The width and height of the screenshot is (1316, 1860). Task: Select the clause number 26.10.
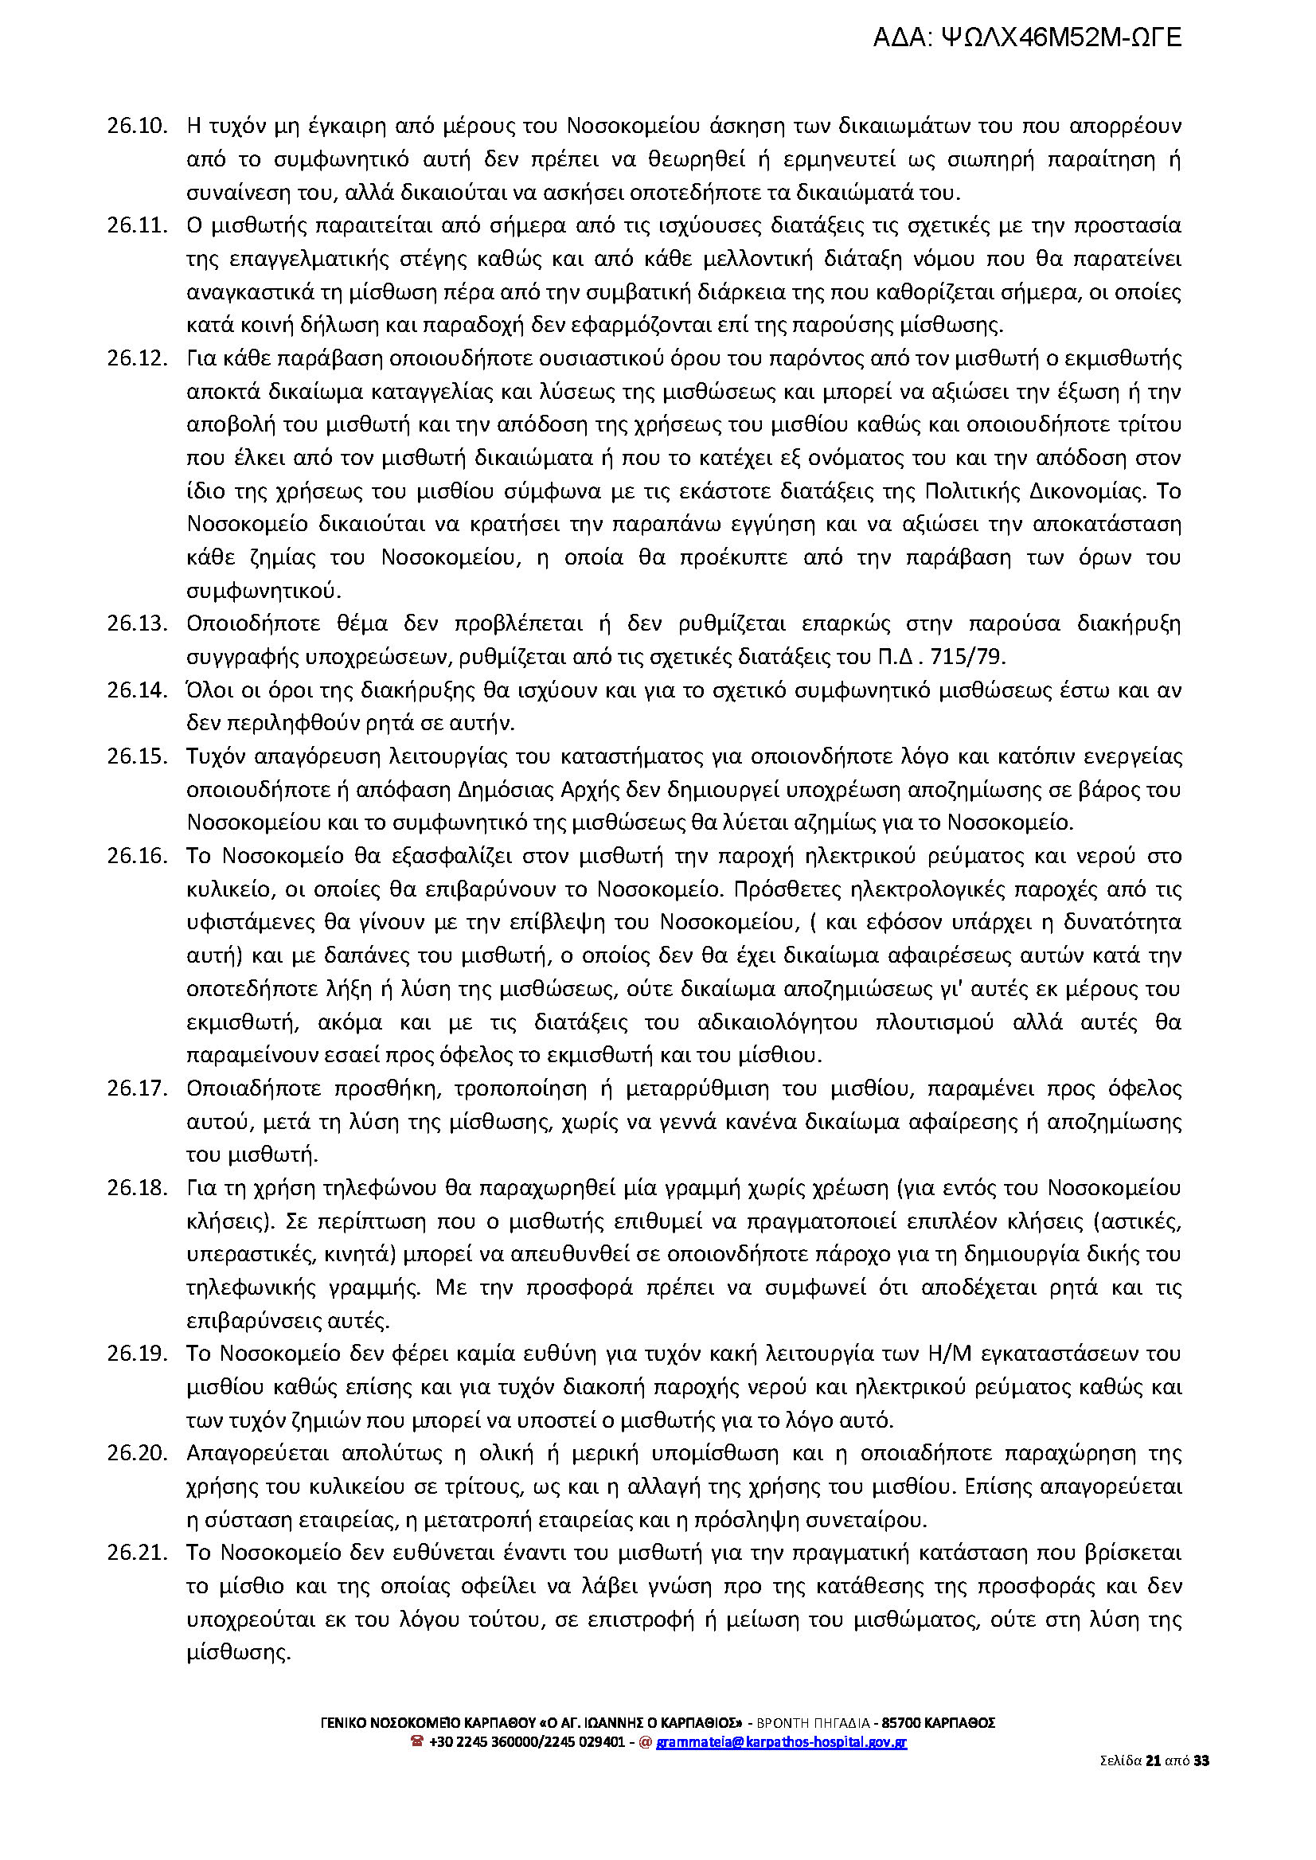pos(137,127)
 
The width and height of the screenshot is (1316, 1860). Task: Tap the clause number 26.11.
pos(137,225)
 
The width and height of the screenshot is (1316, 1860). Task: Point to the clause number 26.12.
pos(137,358)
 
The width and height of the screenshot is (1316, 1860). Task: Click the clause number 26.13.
pos(137,623)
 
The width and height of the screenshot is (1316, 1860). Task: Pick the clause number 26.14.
pos(137,690)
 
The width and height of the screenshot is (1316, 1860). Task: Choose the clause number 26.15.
pos(137,756)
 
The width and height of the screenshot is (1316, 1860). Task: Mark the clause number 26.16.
pos(137,856)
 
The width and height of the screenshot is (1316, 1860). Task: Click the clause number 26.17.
pos(137,1088)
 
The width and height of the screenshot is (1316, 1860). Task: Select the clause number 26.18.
pos(137,1187)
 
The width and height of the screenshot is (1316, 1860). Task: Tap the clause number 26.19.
pos(137,1354)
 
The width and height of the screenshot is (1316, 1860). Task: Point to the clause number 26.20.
pos(137,1453)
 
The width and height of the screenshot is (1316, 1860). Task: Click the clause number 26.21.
pos(137,1553)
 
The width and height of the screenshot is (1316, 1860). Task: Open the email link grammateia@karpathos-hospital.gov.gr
pos(781,1741)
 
